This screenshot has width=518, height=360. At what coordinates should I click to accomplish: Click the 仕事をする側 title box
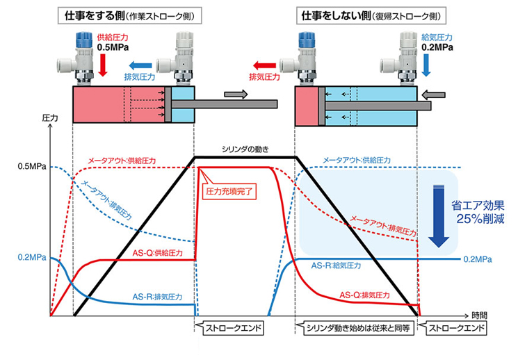[130, 15]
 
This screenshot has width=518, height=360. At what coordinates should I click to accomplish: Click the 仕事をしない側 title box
[371, 15]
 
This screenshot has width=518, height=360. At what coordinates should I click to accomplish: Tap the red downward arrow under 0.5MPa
[103, 65]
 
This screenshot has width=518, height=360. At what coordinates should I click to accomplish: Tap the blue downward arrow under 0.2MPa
[426, 65]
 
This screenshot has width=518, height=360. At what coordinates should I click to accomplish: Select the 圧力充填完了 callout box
[229, 191]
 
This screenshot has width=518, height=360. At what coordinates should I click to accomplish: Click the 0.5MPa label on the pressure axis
[32, 167]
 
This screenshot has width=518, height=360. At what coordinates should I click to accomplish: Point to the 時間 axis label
[479, 316]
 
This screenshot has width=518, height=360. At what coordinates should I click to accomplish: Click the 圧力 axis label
[50, 118]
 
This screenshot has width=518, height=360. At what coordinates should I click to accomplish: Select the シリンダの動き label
[245, 149]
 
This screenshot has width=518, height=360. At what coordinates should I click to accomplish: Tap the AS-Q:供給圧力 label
[158, 253]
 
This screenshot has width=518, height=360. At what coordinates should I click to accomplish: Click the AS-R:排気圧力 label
[157, 297]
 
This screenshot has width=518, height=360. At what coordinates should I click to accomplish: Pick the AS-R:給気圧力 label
[336, 265]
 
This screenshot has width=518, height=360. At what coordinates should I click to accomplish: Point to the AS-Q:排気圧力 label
[365, 295]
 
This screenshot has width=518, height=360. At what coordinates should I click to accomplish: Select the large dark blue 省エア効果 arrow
[439, 216]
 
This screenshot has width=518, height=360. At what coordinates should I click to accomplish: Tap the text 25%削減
[480, 219]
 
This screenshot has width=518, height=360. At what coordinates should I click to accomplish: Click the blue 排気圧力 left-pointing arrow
[140, 65]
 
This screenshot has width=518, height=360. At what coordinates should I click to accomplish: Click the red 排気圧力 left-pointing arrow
[264, 65]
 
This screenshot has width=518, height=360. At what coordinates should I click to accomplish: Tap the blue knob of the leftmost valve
[84, 40]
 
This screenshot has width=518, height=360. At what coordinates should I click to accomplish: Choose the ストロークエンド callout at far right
[453, 328]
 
